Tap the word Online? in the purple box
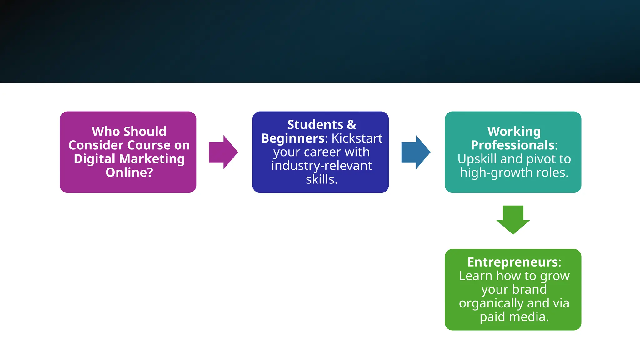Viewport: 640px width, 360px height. [x=129, y=172]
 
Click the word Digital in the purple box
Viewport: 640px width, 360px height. [x=95, y=159]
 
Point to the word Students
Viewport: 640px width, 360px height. [x=315, y=125]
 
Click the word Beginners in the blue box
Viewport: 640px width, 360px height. [x=294, y=138]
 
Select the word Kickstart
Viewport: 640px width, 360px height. [x=357, y=138]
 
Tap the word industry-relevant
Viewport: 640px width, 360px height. [x=322, y=166]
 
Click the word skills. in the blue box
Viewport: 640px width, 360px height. [x=322, y=179]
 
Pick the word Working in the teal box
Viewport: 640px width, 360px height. [x=514, y=132]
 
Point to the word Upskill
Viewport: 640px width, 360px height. [x=477, y=159]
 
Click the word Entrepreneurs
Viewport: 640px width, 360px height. [x=512, y=262]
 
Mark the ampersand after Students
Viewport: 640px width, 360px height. [x=352, y=125]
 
